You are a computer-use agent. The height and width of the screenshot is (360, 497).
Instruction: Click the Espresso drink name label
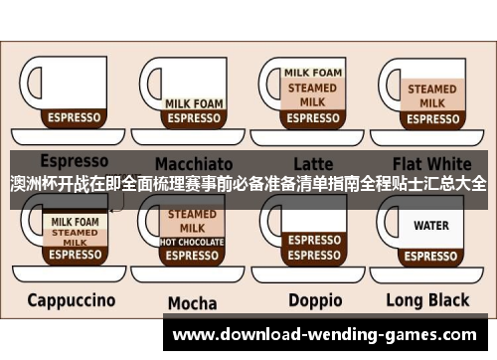pyautogui.click(x=74, y=160)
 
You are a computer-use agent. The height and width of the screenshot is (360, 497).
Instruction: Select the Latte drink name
pyautogui.click(x=313, y=162)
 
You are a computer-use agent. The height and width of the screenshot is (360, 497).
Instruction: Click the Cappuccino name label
pyautogui.click(x=71, y=299)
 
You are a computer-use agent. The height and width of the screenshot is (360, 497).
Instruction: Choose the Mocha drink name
pyautogui.click(x=192, y=302)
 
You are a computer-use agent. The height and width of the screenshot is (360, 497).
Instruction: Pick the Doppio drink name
pyautogui.click(x=314, y=299)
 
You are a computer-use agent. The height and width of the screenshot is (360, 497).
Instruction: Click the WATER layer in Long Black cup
pyautogui.click(x=431, y=226)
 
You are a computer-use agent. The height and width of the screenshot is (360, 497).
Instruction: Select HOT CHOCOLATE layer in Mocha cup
pyautogui.click(x=192, y=242)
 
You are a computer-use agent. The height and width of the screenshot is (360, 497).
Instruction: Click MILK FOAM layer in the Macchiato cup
pyautogui.click(x=193, y=102)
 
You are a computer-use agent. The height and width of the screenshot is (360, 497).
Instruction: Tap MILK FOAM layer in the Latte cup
pyautogui.click(x=313, y=73)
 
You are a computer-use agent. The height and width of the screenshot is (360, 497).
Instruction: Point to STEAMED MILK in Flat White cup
pyautogui.click(x=431, y=95)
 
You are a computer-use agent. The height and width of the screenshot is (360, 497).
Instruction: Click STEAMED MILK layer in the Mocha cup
pyautogui.click(x=192, y=221)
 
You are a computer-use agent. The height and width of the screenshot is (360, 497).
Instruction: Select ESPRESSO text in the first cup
pyautogui.click(x=76, y=117)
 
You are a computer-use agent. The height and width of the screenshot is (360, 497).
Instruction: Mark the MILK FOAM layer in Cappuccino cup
pyautogui.click(x=76, y=221)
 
